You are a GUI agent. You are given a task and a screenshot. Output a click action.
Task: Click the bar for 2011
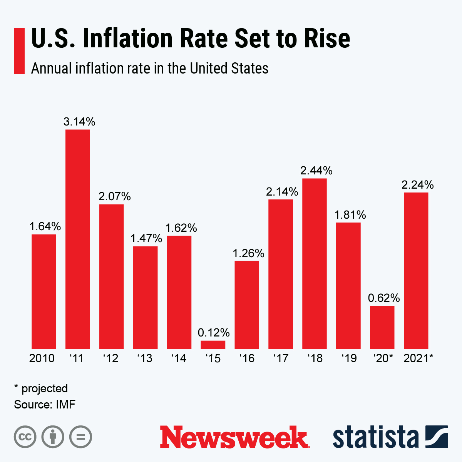[x=77, y=239]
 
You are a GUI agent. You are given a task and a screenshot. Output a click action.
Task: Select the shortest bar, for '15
[x=213, y=345]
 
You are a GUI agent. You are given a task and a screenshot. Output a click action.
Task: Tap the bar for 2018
[x=315, y=264]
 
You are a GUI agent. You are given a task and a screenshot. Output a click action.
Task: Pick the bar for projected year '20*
[x=382, y=327]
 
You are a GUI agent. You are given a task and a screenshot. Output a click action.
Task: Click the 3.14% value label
[x=79, y=122]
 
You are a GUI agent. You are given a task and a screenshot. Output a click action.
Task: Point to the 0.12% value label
[x=214, y=332]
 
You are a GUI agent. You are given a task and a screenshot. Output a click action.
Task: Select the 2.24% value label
[x=418, y=185]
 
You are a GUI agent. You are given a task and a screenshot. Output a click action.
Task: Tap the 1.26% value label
[x=248, y=253]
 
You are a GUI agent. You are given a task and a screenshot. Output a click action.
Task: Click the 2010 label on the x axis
[x=42, y=358]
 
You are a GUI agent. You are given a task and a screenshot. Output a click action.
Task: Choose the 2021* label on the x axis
[x=418, y=358]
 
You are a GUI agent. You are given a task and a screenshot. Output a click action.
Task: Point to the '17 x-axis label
[x=281, y=358]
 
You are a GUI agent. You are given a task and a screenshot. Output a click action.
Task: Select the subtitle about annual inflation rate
[x=149, y=69]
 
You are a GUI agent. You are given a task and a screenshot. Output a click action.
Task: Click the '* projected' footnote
[x=41, y=388]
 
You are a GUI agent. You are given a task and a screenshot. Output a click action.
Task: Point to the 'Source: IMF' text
[x=45, y=405]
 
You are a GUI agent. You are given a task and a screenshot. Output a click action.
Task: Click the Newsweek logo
[x=234, y=437]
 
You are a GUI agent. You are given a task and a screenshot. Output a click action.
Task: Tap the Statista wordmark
[x=375, y=437]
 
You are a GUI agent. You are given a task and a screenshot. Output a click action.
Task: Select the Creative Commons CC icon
[x=25, y=437]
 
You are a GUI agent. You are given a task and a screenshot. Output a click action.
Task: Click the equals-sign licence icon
[x=80, y=437]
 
